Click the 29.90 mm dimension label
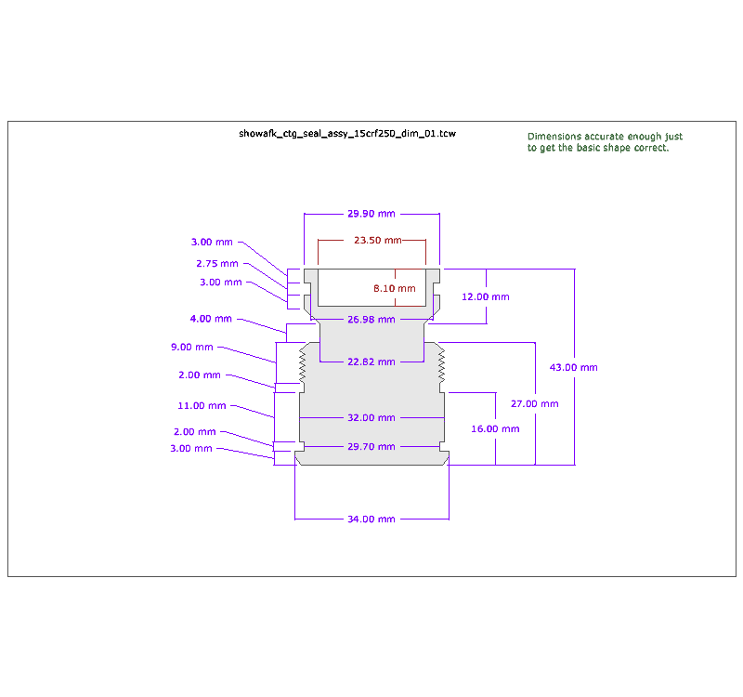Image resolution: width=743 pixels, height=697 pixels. [371, 214]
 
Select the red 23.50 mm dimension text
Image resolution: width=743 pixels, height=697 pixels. [377, 241]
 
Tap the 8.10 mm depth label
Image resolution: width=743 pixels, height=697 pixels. [395, 289]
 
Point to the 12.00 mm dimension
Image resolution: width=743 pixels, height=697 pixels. [486, 297]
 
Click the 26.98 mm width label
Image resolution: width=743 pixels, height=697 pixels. [371, 320]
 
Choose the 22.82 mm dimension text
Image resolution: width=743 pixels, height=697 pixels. [371, 362]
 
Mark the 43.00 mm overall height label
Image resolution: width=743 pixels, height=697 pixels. [574, 367]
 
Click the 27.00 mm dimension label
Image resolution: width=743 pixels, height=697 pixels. [535, 404]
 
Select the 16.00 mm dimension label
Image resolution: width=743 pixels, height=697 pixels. [496, 429]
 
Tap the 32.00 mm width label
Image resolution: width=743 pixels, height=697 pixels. [371, 418]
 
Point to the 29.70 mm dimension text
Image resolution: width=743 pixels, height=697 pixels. [371, 447]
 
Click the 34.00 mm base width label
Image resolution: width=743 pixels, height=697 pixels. [371, 519]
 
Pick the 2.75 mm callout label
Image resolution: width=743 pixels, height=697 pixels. [216, 264]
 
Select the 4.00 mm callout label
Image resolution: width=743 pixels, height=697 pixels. [211, 319]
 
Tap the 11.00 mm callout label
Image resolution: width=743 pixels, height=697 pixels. [202, 406]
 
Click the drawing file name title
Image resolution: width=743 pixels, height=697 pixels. [347, 135]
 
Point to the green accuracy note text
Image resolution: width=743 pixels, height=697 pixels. [605, 142]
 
